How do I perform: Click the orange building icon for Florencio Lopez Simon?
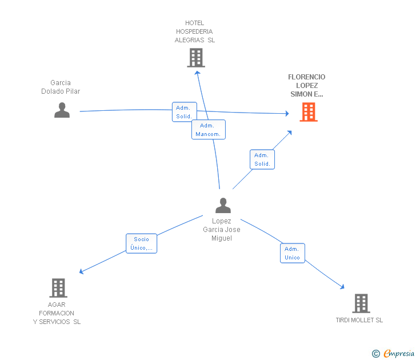click(309, 112)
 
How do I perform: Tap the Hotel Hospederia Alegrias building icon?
click(195, 58)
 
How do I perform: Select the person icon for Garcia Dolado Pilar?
click(62, 110)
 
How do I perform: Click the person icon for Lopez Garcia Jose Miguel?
click(223, 205)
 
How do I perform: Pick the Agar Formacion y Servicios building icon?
click(58, 288)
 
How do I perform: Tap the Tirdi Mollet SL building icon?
click(361, 303)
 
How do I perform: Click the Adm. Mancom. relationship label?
click(208, 130)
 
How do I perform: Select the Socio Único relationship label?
click(141, 243)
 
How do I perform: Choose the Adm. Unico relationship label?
click(292, 253)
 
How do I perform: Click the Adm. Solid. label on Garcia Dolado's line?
click(184, 112)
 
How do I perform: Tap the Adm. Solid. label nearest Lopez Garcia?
click(262, 159)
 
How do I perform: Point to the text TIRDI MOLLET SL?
click(359, 320)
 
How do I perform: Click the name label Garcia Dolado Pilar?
click(61, 87)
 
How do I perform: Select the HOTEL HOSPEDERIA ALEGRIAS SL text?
click(195, 31)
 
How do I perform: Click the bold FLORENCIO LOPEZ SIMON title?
click(307, 86)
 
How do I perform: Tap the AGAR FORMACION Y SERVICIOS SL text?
click(57, 313)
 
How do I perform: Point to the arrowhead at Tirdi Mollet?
click(342, 287)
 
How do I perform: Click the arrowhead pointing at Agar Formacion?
click(82, 271)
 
